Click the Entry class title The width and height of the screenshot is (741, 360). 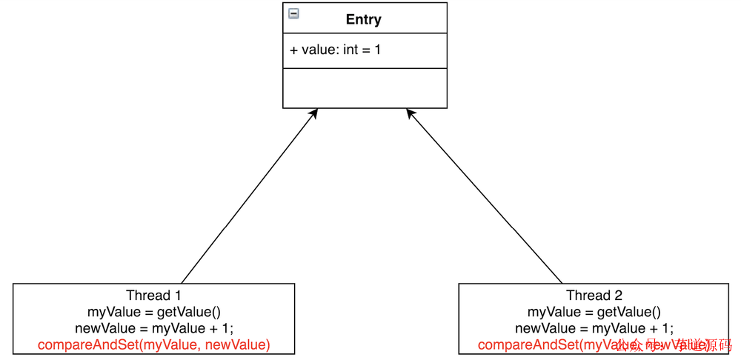pyautogui.click(x=363, y=19)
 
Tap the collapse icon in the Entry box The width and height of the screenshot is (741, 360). pyautogui.click(x=294, y=13)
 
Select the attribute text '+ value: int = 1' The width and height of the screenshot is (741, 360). pyautogui.click(x=335, y=50)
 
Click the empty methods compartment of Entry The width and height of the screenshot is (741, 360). pyautogui.click(x=365, y=87)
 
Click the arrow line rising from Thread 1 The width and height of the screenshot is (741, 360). pyautogui.click(x=248, y=196)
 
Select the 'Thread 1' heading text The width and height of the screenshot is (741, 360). pyautogui.click(x=153, y=296)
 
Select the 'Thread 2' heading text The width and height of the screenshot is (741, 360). pyautogui.click(x=594, y=296)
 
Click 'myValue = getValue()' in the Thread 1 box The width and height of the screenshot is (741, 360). pyautogui.click(x=153, y=312)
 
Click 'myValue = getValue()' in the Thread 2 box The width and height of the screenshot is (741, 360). pyautogui.click(x=594, y=312)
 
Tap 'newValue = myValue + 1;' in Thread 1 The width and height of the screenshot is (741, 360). pyautogui.click(x=153, y=328)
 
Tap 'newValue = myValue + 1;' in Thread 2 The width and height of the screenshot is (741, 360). pyautogui.click(x=594, y=328)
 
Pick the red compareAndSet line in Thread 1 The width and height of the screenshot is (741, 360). pyautogui.click(x=153, y=344)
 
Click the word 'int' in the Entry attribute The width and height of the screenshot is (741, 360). pyautogui.click(x=352, y=50)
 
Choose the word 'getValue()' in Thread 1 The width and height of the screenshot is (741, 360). pyautogui.click(x=188, y=312)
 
